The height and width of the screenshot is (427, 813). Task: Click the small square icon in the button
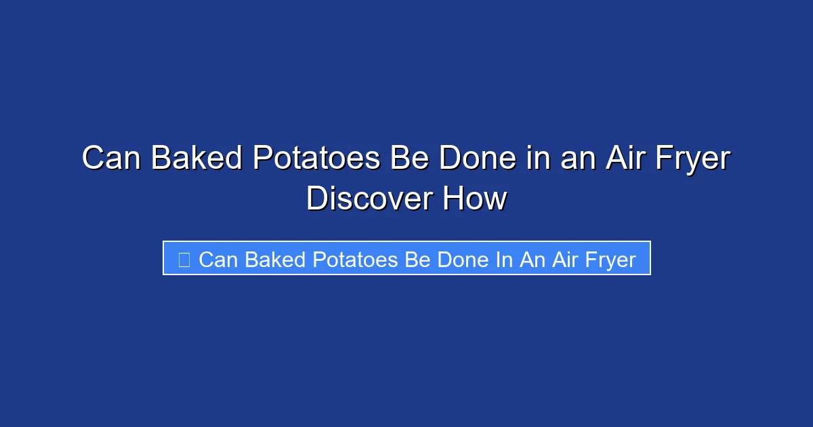coord(184,259)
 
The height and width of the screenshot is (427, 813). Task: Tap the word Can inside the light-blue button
coord(218,260)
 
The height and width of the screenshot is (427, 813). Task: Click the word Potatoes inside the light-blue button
coord(356,260)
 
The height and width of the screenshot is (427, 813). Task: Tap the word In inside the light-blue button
coord(504,260)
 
